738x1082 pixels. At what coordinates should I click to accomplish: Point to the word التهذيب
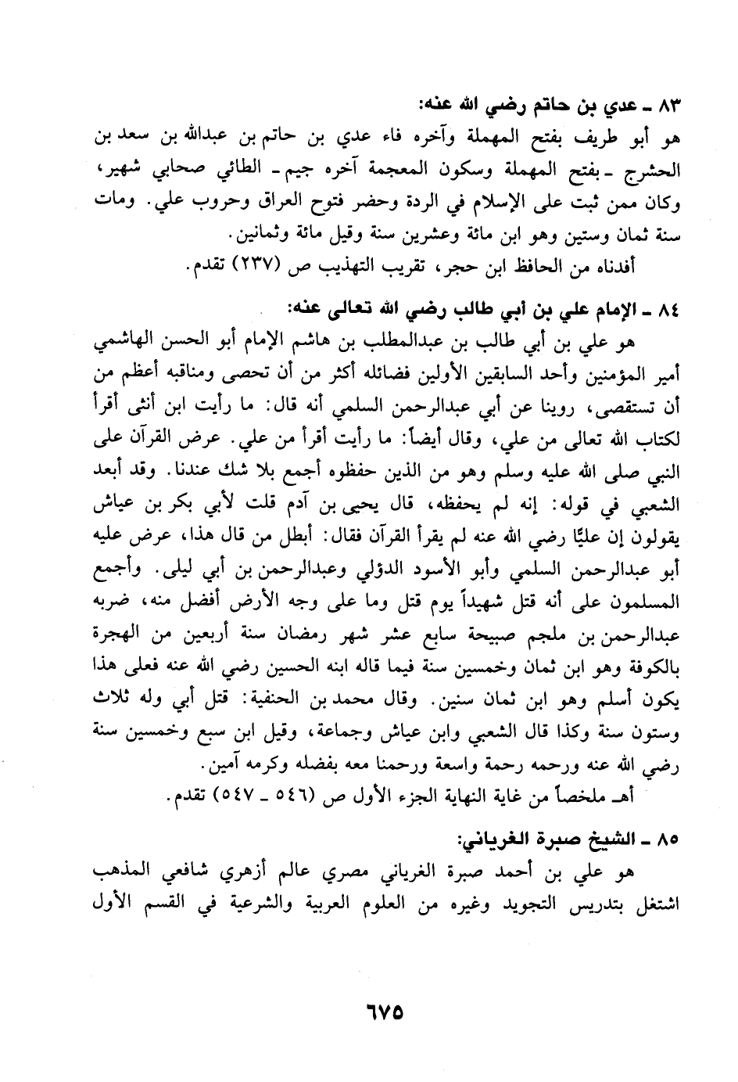coord(366,267)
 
